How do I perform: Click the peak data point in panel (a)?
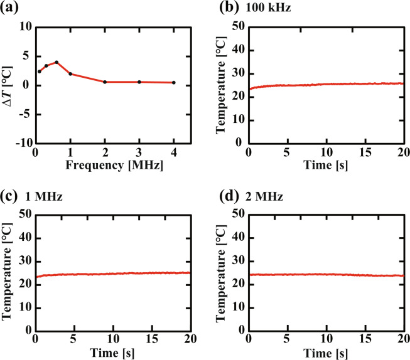point(57,62)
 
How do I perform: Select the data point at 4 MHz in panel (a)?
point(173,83)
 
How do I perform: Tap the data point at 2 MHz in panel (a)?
point(105,82)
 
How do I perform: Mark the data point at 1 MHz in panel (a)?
point(70,74)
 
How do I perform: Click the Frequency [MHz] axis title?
point(104,166)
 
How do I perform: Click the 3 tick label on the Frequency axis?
point(139,154)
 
